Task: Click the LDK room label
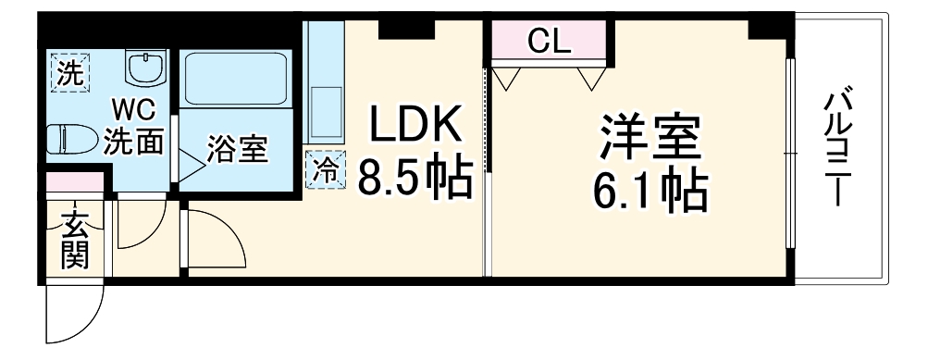point(415,124)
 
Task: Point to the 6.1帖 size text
point(650,192)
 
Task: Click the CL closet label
point(550,40)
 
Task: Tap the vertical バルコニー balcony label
point(841,148)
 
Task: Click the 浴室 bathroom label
point(239,149)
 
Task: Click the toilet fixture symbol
point(71,137)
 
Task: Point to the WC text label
point(134,110)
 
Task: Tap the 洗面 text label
point(134,142)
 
